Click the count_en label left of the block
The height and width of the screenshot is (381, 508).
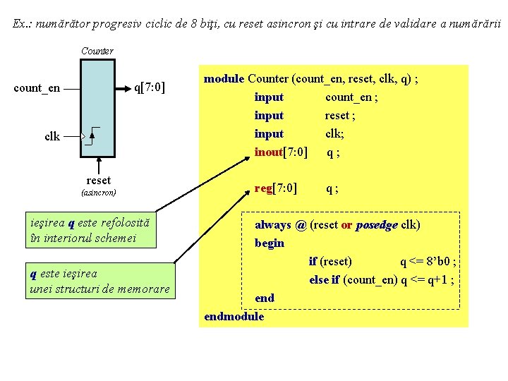point(37,89)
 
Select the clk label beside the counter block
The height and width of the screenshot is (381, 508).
point(52,137)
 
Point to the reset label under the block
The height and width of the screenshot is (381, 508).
point(98,181)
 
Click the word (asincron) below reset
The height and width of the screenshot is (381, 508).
point(99,192)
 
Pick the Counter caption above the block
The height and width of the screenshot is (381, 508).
point(97,51)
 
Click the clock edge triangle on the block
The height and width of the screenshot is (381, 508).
point(85,136)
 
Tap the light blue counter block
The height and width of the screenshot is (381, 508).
point(97,106)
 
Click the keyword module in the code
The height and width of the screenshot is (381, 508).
point(224,79)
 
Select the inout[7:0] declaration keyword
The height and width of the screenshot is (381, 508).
point(280,152)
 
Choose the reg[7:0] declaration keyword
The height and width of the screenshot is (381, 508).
point(276,188)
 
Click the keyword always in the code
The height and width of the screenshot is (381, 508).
point(273,225)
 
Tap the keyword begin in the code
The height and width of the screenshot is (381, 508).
point(270,243)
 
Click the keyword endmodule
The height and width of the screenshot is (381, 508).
point(234,316)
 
